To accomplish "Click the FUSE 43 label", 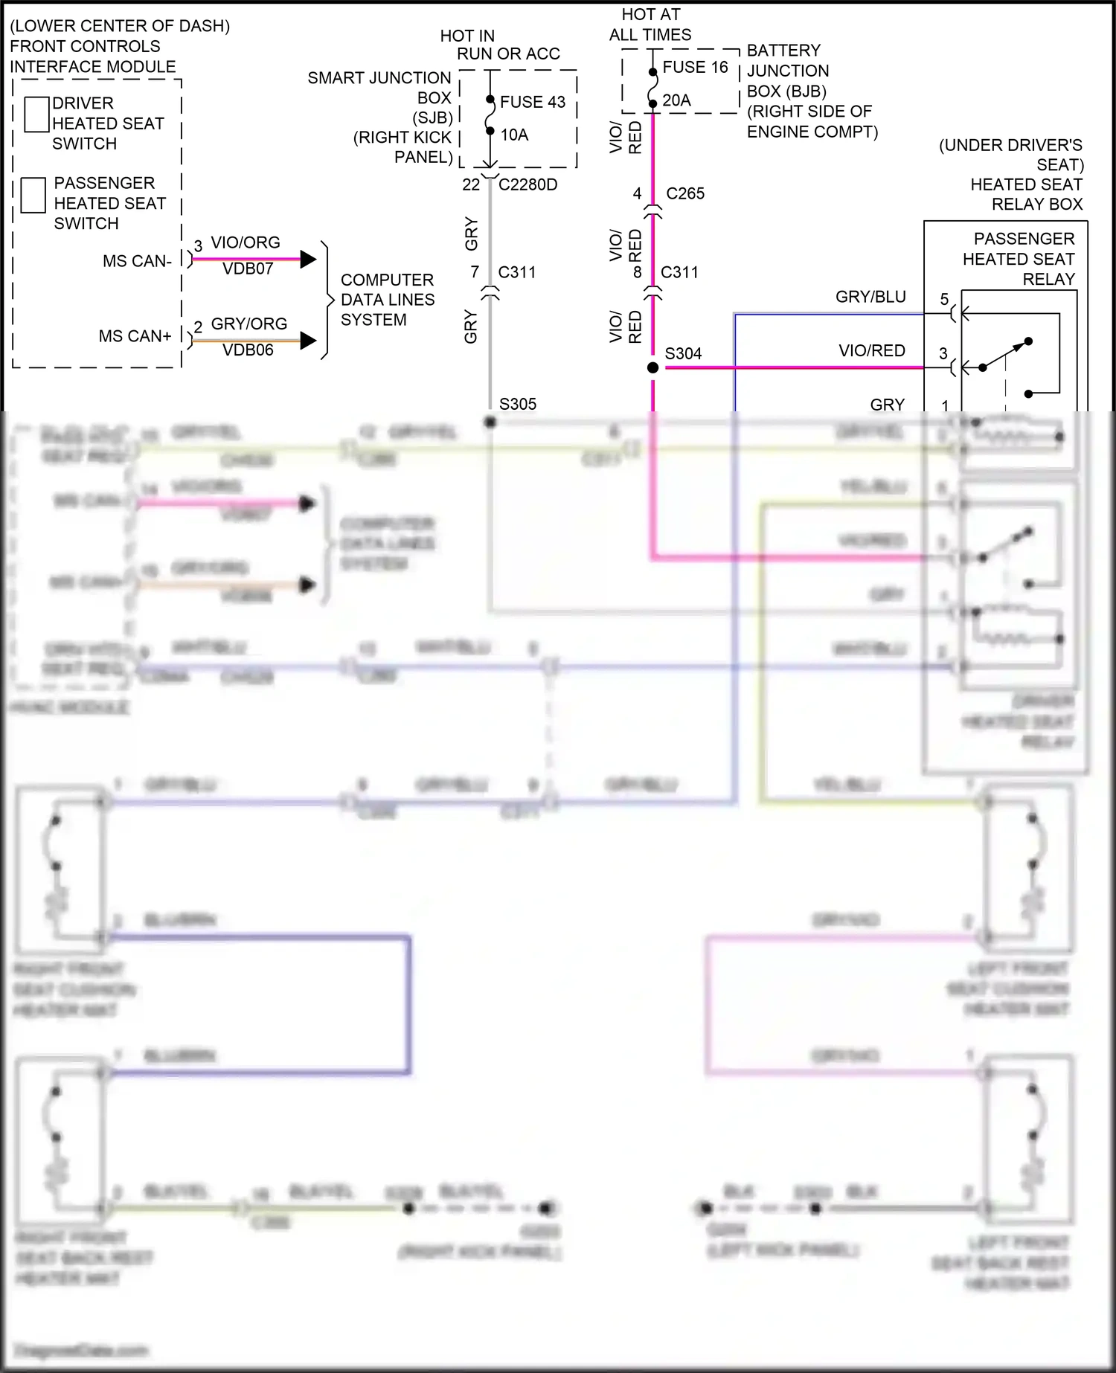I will (532, 102).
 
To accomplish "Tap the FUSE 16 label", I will (695, 67).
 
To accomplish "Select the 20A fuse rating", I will (676, 100).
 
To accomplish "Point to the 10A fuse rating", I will (514, 135).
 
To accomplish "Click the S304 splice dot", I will (652, 367).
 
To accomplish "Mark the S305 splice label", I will (518, 404).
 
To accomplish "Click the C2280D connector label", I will (527, 184).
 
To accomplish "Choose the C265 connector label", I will (685, 193).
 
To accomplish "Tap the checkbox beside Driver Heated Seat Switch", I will (36, 115).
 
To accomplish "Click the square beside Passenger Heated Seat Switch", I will (33, 195).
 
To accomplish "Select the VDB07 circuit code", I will (248, 269).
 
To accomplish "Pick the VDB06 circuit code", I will (248, 350).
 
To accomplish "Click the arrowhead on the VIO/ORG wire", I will (308, 260).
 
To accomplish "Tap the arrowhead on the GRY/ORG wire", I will (308, 341).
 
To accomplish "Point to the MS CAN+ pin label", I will (135, 336).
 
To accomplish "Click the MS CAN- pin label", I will (137, 261).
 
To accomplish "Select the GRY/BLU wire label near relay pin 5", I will (870, 297).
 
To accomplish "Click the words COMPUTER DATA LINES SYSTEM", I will (387, 300).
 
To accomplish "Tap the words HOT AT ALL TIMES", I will (650, 25).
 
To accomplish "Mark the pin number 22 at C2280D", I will (471, 184).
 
